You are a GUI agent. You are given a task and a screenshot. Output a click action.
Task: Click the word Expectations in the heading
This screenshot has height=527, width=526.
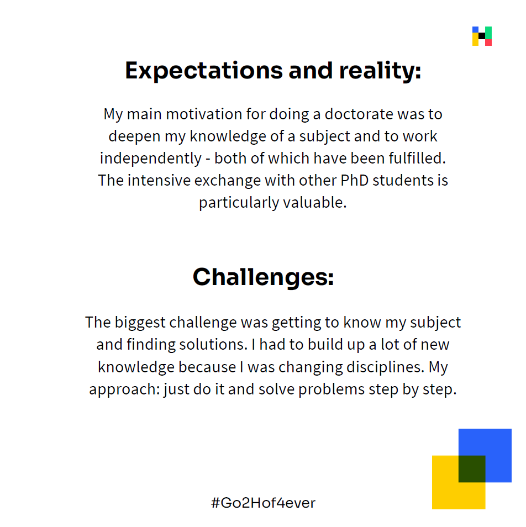pyautogui.click(x=204, y=71)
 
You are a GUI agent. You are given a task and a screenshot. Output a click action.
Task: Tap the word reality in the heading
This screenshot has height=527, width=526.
pyautogui.click(x=380, y=71)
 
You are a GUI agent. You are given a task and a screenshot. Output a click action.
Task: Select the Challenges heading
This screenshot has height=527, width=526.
pyautogui.click(x=263, y=277)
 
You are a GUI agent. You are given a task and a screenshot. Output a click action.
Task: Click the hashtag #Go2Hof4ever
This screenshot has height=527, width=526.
pyautogui.click(x=263, y=503)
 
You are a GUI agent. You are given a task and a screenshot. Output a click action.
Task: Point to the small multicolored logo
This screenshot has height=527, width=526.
pyautogui.click(x=482, y=36)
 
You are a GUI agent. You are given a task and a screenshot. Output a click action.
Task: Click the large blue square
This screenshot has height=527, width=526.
pyautogui.click(x=485, y=455)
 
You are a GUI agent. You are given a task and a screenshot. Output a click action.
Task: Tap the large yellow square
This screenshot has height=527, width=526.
pyautogui.click(x=459, y=482)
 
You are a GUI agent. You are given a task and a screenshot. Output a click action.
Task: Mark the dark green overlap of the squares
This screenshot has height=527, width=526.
pyautogui.click(x=472, y=469)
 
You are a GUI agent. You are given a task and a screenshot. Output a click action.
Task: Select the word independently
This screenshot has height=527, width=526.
pyautogui.click(x=151, y=159)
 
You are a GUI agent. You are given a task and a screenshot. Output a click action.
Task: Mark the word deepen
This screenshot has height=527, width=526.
pyautogui.click(x=134, y=137)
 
